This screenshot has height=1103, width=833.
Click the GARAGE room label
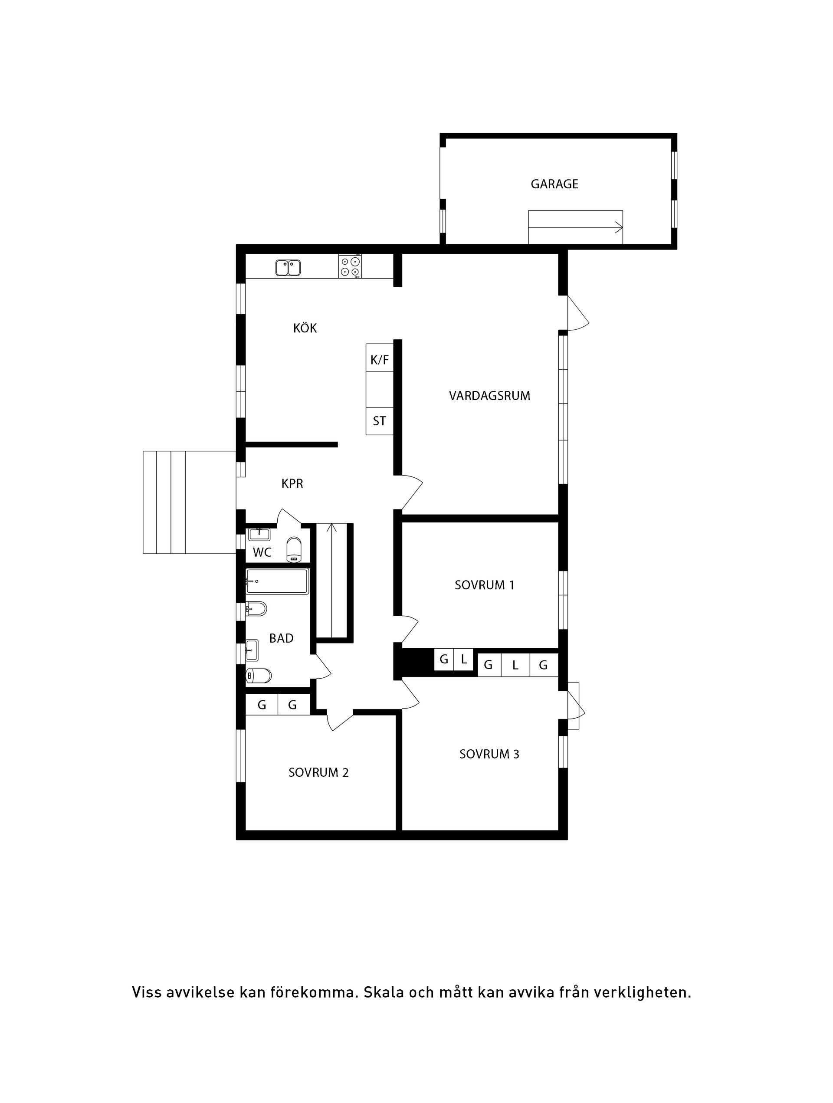pos(554,184)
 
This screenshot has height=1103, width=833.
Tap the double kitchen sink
pos(288,268)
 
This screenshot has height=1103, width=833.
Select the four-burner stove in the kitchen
pos(350,266)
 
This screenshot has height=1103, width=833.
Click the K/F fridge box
pos(379,360)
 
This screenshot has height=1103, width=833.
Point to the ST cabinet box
pos(379,421)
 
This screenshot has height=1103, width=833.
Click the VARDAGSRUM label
pos(489,396)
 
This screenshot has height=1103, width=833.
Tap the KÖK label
pos(305,328)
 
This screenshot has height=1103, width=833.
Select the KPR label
pos(292,484)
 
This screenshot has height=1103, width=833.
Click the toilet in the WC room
pos(294,549)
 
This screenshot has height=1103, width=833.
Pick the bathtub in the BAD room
pos(277,581)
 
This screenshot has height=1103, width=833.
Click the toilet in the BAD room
pos(259,676)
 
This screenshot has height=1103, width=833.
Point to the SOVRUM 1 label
pos(484,585)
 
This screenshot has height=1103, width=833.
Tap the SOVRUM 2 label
pos(318,772)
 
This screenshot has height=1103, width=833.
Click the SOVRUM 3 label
pos(489,754)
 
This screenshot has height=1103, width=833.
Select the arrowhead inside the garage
pos(619,228)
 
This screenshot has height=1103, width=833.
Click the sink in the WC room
pos(259,534)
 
